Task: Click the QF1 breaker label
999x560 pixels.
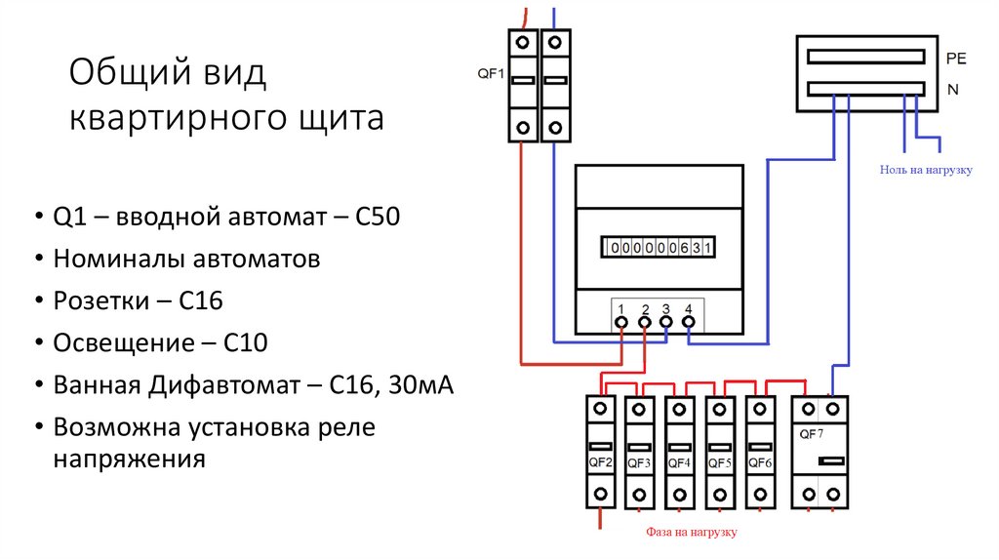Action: [490, 72]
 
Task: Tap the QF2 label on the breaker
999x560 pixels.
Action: [601, 461]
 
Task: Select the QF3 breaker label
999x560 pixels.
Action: [640, 462]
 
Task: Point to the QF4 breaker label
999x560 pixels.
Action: [680, 462]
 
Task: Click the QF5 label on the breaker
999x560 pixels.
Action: [720, 462]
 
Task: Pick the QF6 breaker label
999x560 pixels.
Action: [760, 462]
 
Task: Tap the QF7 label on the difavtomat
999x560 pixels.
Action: [810, 433]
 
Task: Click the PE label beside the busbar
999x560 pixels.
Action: [955, 60]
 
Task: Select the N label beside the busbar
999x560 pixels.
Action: [951, 91]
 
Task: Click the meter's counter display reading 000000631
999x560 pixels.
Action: [660, 248]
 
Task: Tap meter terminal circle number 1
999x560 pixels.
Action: [620, 321]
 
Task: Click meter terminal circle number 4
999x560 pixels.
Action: [689, 321]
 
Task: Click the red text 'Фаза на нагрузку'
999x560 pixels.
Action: [692, 533]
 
